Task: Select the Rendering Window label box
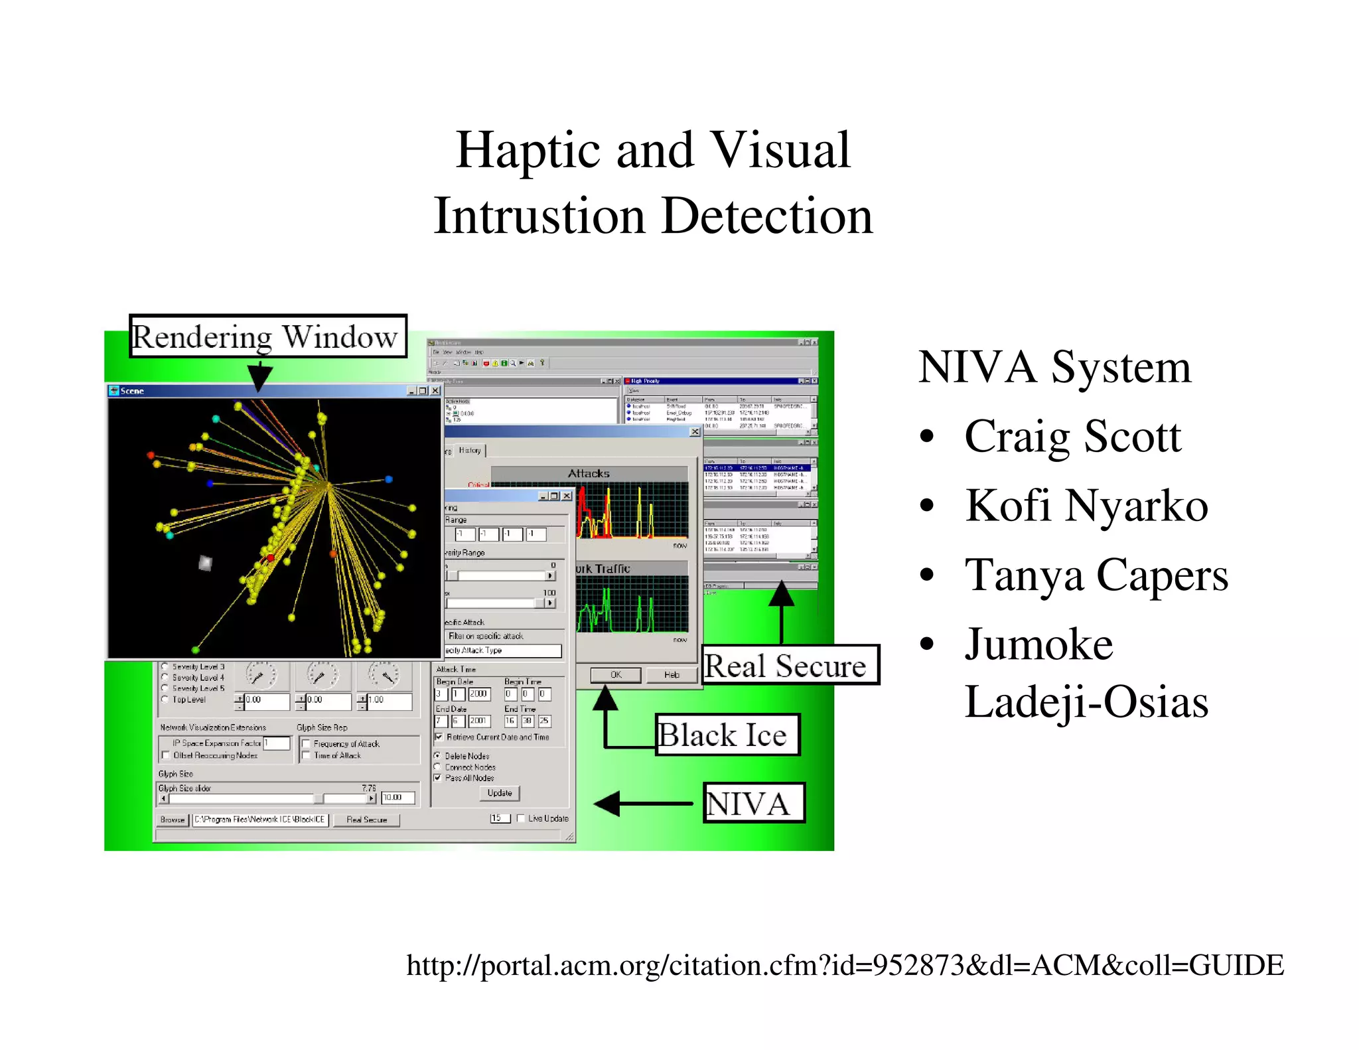click(267, 337)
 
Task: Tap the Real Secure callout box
click(789, 665)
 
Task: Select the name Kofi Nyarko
click(1086, 506)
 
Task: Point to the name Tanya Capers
click(1096, 575)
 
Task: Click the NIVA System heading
click(1054, 367)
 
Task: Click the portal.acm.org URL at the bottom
click(844, 965)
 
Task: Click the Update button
click(499, 793)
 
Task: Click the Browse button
click(173, 820)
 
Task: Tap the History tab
click(470, 451)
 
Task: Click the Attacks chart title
click(588, 474)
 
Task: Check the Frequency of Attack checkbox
click(307, 744)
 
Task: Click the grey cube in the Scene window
click(206, 563)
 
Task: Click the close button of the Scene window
click(435, 391)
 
